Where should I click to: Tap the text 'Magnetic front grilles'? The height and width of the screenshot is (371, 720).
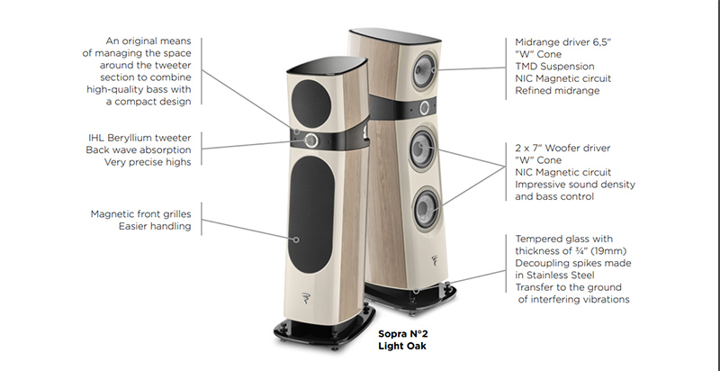tap(140, 214)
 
